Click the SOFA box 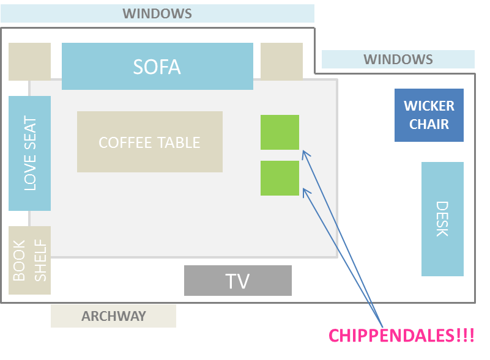pos(157,66)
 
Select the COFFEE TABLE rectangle pos(149,142)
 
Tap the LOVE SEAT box pos(29,153)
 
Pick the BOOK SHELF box pos(29,260)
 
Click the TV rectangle pos(237,281)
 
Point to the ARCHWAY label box pos(113,316)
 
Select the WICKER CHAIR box pos(429,115)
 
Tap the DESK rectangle pos(442,219)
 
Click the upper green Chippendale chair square pos(280,132)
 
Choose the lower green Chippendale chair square pos(280,178)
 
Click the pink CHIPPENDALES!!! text pos(401,336)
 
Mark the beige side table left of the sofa pos(29,61)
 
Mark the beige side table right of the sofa pos(281,61)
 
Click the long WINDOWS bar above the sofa pos(157,13)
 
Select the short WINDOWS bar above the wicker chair pos(398,59)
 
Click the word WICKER pos(429,106)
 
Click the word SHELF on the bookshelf pos(40,260)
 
